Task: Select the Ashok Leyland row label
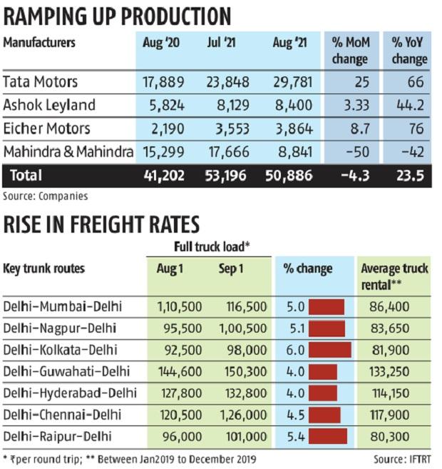(48, 106)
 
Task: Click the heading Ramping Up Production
(117, 16)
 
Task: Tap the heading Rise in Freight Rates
(101, 226)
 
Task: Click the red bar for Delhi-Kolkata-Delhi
(330, 350)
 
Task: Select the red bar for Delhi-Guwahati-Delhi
(323, 372)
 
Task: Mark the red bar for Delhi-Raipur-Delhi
(328, 436)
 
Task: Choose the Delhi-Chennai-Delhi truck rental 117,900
(393, 415)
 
